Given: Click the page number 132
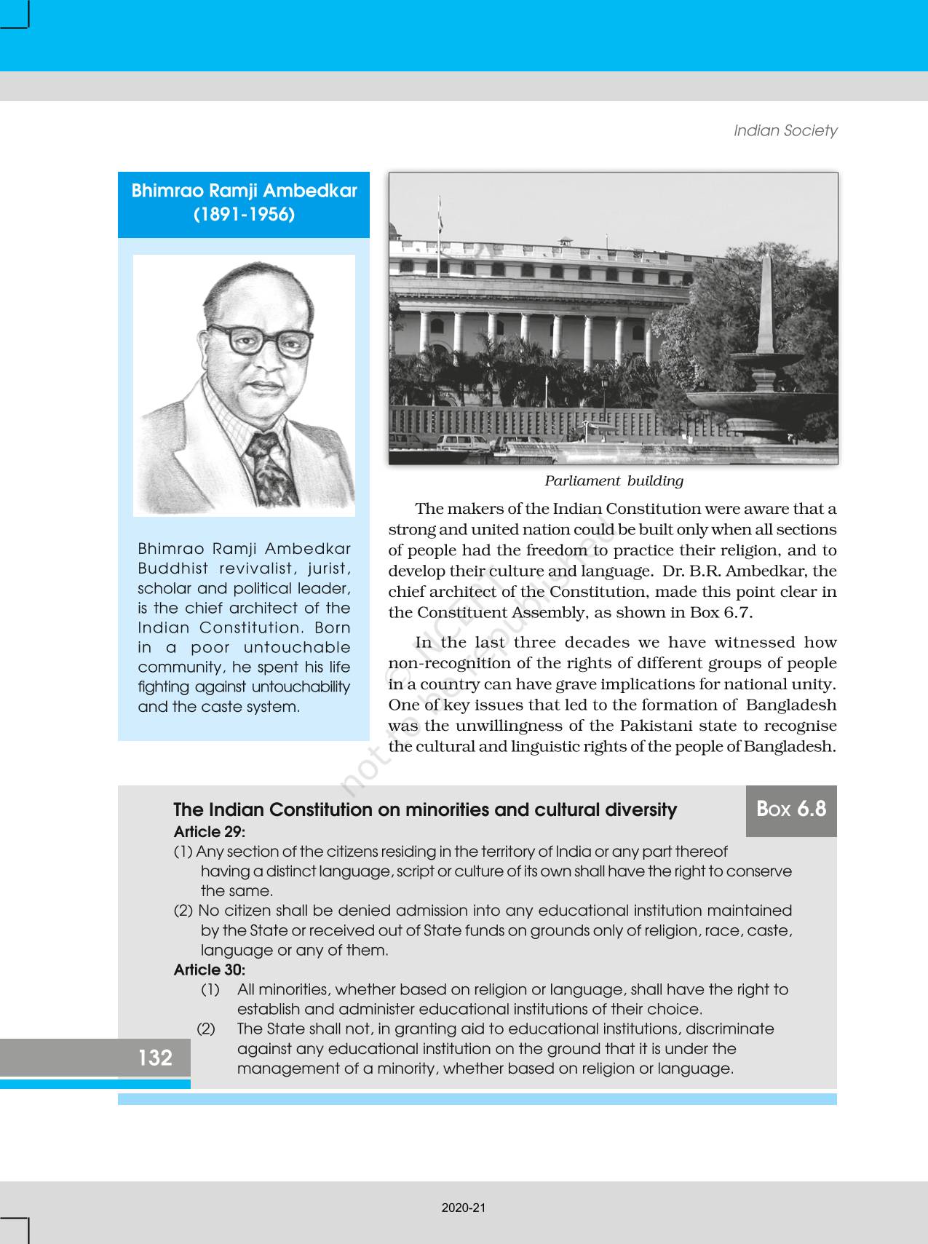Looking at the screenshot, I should (155, 1058).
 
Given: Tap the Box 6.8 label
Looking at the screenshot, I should (791, 809).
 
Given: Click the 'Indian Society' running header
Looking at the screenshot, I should (785, 131).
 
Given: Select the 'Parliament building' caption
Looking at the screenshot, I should (614, 481).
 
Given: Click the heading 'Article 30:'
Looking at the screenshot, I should (210, 970).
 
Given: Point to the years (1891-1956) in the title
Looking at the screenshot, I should (244, 215).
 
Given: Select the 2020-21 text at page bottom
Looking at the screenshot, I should (464, 1208).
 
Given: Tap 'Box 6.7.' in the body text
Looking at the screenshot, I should (721, 612).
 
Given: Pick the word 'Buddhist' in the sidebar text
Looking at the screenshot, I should (170, 568).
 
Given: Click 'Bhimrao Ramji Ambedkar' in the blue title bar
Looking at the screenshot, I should (244, 191).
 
